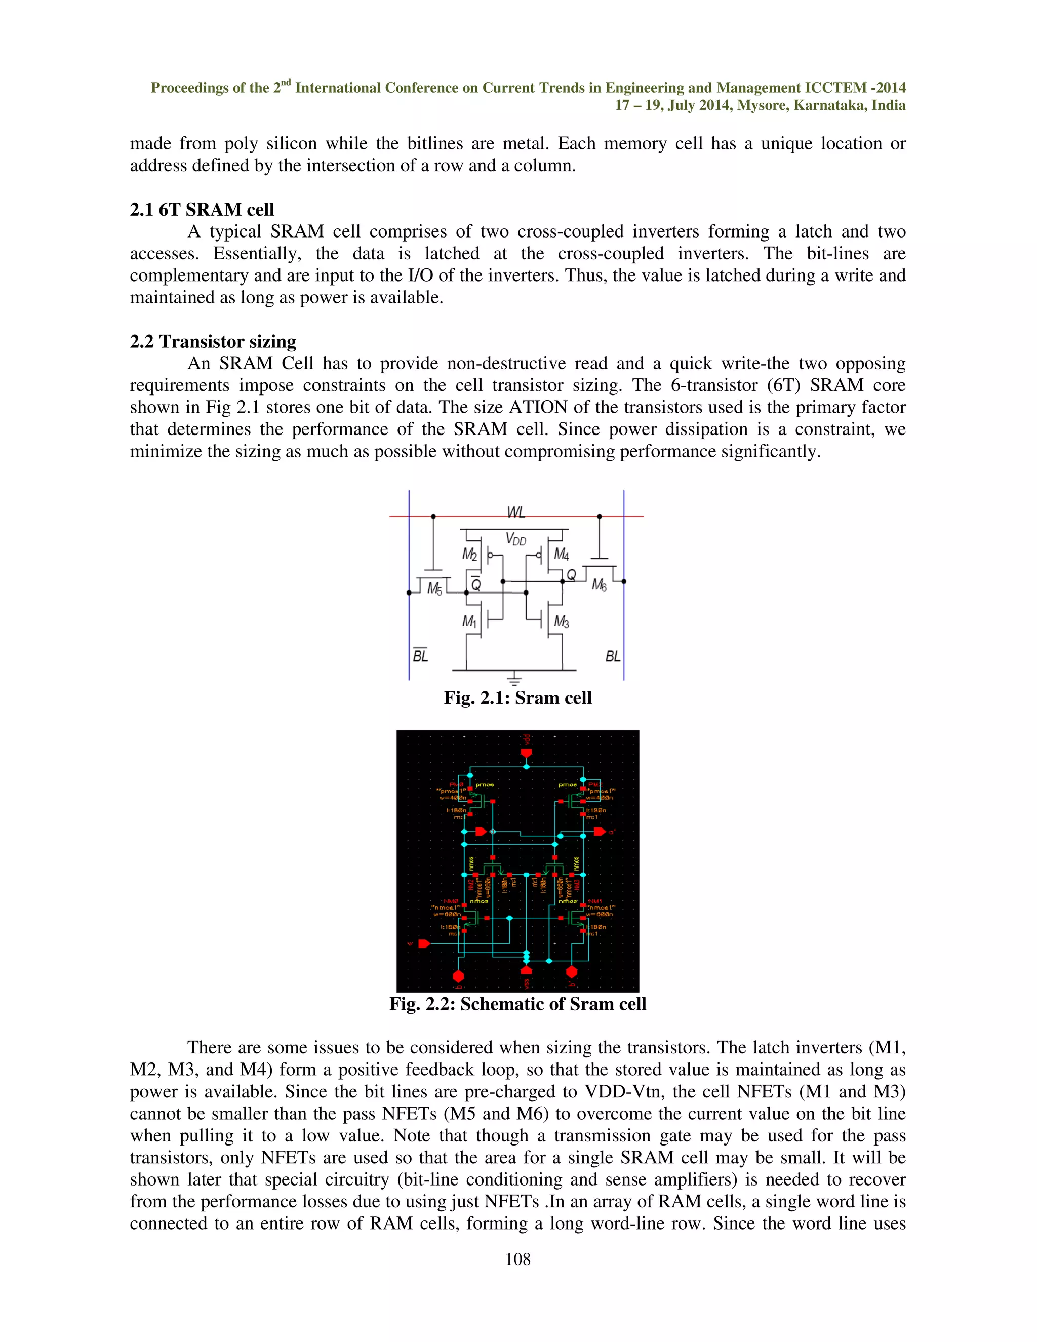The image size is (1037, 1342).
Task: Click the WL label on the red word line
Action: point(515,512)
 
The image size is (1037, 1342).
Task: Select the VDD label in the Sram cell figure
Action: point(515,539)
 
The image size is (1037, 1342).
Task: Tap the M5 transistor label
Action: point(434,588)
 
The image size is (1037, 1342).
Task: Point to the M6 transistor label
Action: point(599,585)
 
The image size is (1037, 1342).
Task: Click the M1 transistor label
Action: point(469,622)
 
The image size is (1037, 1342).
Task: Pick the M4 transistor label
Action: point(561,554)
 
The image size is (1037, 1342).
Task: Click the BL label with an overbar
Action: point(420,656)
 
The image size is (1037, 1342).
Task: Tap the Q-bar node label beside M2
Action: point(475,584)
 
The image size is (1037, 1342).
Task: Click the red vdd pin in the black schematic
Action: point(526,754)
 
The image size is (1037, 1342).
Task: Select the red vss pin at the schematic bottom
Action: point(526,970)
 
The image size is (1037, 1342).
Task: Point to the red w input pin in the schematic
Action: point(424,944)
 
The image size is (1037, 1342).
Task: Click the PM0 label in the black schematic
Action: point(456,784)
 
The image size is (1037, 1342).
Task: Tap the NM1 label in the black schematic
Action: point(594,901)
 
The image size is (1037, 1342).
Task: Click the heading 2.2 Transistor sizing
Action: point(213,342)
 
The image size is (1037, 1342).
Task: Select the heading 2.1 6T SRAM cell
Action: point(202,210)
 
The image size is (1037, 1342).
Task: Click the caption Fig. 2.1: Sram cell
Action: point(518,698)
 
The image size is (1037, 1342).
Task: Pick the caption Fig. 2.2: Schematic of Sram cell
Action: point(518,1004)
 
